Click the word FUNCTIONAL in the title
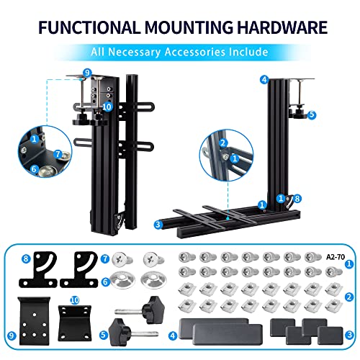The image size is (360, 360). pyautogui.click(x=89, y=27)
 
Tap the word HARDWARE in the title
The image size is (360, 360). pyautogui.click(x=282, y=27)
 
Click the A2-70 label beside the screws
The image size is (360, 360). pyautogui.click(x=336, y=257)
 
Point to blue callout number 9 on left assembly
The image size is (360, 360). pyautogui.click(x=87, y=73)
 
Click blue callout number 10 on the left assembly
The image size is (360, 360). pyautogui.click(x=107, y=107)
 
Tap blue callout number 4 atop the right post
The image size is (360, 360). pyautogui.click(x=264, y=79)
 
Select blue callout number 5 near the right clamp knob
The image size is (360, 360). pyautogui.click(x=312, y=114)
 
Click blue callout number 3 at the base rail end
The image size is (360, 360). pyautogui.click(x=158, y=225)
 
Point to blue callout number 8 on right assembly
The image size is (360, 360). pyautogui.click(x=297, y=199)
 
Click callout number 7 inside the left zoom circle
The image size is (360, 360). pyautogui.click(x=58, y=154)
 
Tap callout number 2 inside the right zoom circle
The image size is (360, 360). pyautogui.click(x=223, y=143)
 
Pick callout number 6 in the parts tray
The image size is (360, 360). pyautogui.click(x=105, y=282)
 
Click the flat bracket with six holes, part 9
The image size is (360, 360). pyautogui.click(x=35, y=320)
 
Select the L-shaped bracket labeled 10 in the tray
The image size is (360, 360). pyautogui.click(x=75, y=323)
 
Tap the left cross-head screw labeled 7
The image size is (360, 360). pyautogui.click(x=122, y=260)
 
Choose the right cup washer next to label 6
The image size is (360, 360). pyautogui.click(x=153, y=280)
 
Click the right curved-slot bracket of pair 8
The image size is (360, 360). pyautogui.click(x=79, y=269)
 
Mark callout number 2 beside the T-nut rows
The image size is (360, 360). pyautogui.click(x=349, y=297)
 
